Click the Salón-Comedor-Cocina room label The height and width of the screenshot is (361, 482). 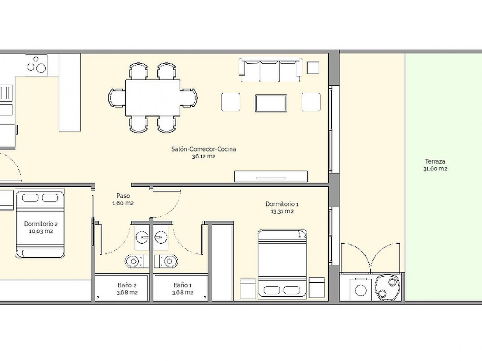(204, 149)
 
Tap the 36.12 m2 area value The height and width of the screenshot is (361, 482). (204, 156)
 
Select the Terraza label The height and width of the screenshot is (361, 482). (435, 162)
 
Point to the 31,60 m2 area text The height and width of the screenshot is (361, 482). (435, 169)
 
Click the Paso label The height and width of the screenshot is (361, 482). (123, 196)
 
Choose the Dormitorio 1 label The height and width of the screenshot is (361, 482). (282, 204)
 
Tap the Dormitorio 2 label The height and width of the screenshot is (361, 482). (41, 224)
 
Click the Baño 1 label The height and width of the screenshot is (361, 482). (183, 285)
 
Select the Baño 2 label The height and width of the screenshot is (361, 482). (127, 285)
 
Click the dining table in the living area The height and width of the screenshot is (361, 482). (153, 97)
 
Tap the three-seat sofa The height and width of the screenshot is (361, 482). (270, 70)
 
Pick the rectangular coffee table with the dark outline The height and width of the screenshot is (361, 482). (271, 103)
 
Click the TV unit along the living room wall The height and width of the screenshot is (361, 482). (271, 176)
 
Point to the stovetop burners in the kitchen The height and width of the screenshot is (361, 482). (36, 65)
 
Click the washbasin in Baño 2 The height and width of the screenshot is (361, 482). (142, 237)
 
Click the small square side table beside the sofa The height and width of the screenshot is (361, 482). (313, 68)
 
